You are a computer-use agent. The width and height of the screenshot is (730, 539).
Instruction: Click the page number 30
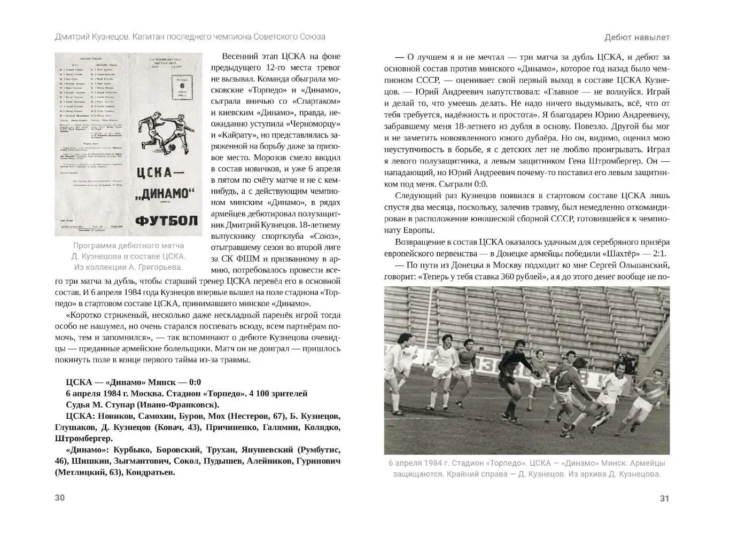[59, 498]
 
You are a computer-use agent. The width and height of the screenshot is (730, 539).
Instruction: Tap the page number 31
[664, 498]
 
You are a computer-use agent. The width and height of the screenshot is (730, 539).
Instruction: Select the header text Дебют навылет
[636, 37]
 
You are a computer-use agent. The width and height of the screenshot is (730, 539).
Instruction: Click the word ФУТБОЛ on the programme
[166, 220]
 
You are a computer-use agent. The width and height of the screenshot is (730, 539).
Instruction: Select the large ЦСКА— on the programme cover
[161, 172]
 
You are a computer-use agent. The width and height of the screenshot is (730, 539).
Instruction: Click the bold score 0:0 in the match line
[192, 382]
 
